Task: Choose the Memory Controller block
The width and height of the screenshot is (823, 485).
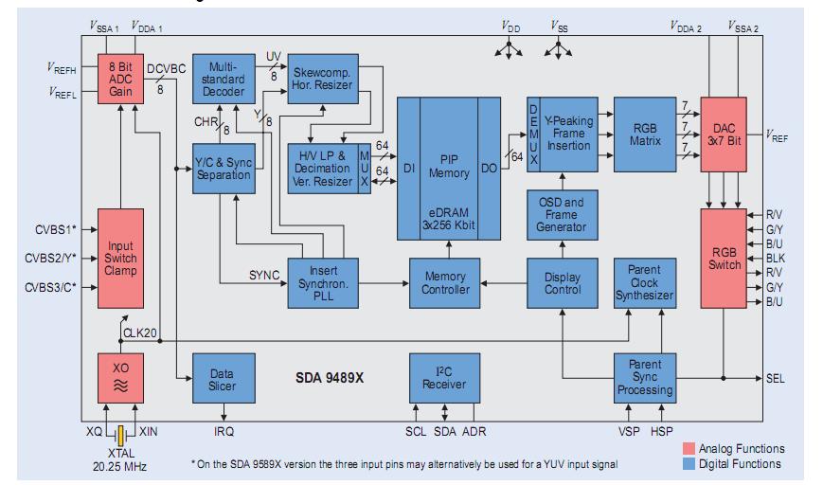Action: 445,281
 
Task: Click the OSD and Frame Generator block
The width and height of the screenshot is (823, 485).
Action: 562,214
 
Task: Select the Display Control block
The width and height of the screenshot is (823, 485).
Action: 563,282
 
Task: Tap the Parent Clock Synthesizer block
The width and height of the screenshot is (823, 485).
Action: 644,282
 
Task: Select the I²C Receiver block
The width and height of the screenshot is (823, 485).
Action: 444,376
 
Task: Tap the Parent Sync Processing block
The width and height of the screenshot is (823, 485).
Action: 644,376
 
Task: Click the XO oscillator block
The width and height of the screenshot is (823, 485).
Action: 120,376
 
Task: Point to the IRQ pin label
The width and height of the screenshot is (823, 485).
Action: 224,431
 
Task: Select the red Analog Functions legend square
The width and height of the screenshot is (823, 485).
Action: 688,448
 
